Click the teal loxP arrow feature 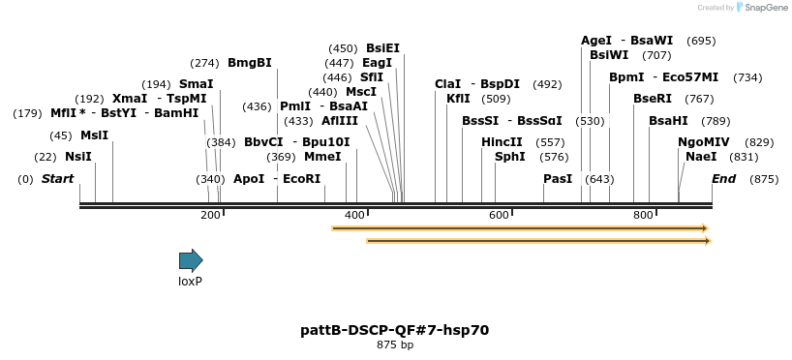[x=191, y=260]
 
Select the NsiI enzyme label [x=78, y=157]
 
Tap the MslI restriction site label [x=94, y=135]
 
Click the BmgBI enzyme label [x=250, y=63]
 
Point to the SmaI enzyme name [x=196, y=84]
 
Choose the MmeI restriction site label [x=322, y=157]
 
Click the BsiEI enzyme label [x=382, y=48]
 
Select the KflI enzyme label [x=458, y=99]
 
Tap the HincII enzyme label [x=502, y=142]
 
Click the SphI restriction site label [x=509, y=157]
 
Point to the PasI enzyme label [x=558, y=179]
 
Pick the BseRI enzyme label [x=653, y=99]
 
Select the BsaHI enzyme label [x=668, y=121]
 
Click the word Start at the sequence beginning [x=58, y=179]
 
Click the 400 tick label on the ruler [x=354, y=215]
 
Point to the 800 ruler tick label [x=644, y=215]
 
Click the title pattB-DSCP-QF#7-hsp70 [x=395, y=330]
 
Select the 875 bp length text [x=395, y=345]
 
